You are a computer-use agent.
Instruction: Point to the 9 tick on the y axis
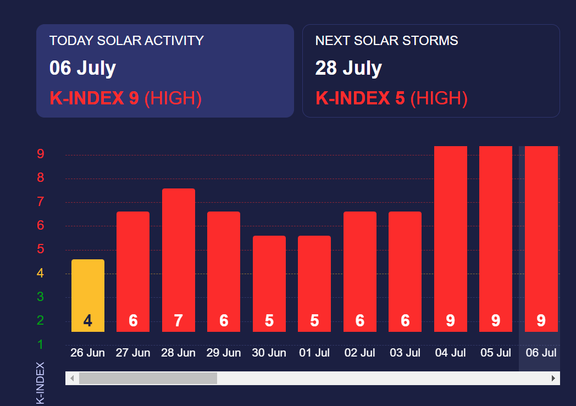click(x=40, y=154)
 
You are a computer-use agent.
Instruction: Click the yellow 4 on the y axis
click(x=40, y=273)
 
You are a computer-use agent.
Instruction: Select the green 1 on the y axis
click(x=40, y=344)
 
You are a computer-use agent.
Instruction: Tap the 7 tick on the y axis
click(x=40, y=202)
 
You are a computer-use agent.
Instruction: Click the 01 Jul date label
click(x=314, y=353)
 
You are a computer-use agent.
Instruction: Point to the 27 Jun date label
click(x=133, y=353)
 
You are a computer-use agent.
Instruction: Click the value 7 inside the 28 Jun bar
click(x=179, y=321)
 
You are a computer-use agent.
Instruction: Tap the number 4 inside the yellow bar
click(x=88, y=321)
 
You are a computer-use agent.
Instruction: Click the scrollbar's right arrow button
click(x=553, y=379)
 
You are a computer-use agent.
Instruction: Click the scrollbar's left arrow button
click(x=71, y=379)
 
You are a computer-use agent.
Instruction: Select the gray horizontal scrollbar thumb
click(x=148, y=379)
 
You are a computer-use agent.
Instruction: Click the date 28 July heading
click(x=348, y=68)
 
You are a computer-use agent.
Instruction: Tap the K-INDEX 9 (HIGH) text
click(x=126, y=98)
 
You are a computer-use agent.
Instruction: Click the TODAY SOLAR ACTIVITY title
click(x=126, y=41)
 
